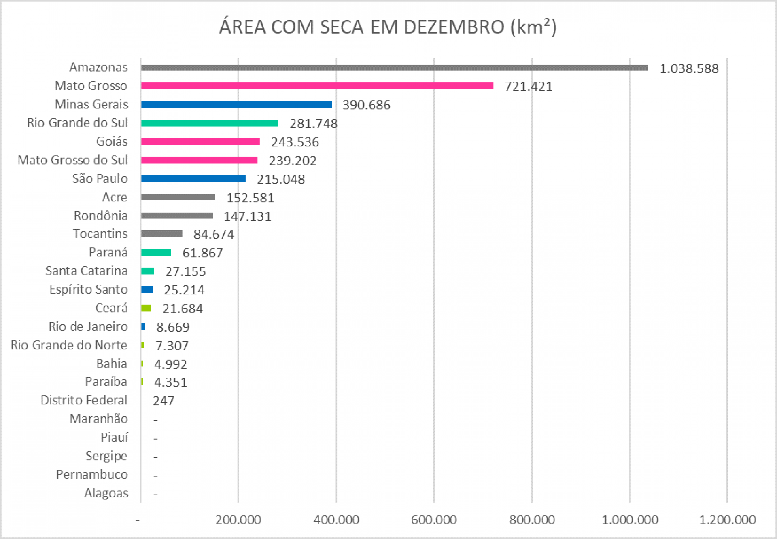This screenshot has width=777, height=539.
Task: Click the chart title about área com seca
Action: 388,27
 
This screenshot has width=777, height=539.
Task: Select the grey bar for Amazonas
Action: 395,68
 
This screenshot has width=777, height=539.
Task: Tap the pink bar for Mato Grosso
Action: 317,86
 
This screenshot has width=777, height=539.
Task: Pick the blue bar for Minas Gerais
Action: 236,104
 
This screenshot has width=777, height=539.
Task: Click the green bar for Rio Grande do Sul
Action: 210,123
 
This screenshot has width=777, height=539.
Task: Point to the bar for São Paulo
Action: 193,179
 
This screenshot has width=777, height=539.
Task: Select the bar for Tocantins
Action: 162,234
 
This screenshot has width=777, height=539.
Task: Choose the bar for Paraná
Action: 156,252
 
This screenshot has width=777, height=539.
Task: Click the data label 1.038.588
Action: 689,69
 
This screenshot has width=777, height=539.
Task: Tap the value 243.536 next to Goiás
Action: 295,142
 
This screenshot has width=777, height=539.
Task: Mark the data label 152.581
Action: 250,198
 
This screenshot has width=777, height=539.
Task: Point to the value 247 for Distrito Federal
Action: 163,401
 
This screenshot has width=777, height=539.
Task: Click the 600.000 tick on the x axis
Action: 434,520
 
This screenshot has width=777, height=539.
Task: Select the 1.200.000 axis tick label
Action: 727,520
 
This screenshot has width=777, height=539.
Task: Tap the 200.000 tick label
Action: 238,520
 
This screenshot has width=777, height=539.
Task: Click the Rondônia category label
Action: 101,216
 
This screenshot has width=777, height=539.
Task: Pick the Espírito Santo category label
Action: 89,290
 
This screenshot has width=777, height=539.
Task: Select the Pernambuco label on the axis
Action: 92,475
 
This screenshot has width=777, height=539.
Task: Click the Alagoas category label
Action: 106,493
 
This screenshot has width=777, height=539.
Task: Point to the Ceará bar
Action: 146,308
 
